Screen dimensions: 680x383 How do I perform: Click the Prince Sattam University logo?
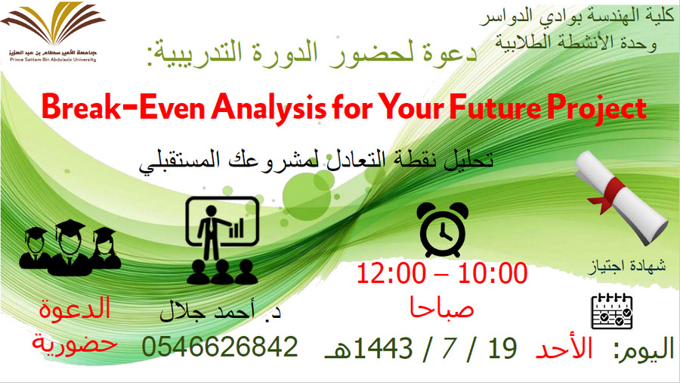point(53,32)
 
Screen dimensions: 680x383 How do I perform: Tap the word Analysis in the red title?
point(269,108)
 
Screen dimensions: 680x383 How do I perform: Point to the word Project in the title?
point(597,109)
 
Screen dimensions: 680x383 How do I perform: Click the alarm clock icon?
point(442,229)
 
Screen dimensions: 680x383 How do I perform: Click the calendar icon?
point(612,311)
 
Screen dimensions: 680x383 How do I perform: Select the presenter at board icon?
point(222,241)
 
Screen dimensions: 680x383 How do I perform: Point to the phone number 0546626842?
point(220,347)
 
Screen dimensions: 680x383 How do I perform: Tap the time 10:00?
point(493,273)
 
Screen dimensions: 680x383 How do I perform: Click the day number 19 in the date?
point(502,348)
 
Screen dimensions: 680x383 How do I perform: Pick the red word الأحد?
point(564,347)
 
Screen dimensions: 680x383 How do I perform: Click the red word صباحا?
point(441,308)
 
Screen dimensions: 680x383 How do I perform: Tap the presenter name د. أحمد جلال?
point(220,311)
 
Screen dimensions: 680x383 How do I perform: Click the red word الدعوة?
point(75,308)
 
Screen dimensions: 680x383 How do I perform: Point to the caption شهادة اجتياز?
point(628,266)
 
